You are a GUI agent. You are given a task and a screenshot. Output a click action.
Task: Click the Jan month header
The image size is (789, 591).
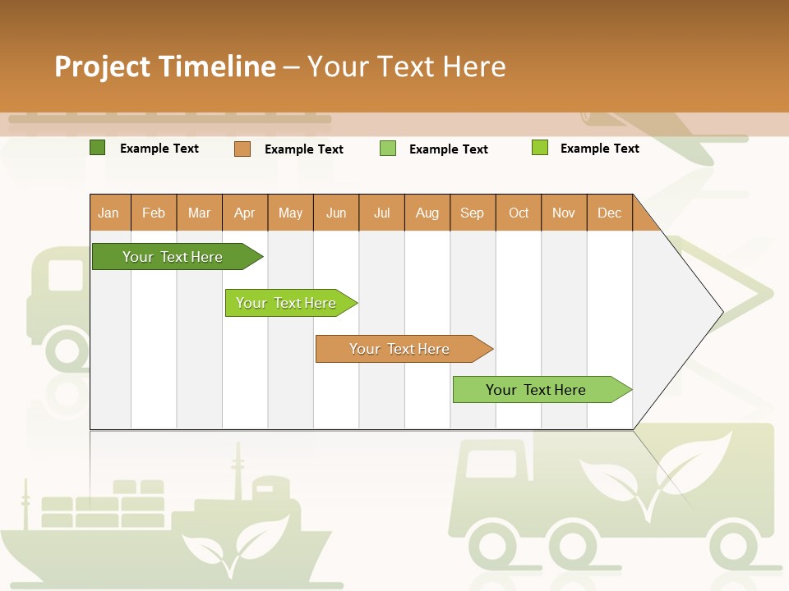click(109, 213)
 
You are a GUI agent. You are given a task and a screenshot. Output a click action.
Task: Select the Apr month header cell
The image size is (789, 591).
click(245, 213)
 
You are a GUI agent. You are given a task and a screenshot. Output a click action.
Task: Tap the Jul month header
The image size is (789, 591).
click(382, 213)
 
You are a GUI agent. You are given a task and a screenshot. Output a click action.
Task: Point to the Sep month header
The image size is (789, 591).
click(473, 213)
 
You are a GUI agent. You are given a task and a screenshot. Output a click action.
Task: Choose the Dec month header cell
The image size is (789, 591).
click(609, 213)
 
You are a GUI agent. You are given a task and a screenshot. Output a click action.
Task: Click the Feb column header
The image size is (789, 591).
click(154, 213)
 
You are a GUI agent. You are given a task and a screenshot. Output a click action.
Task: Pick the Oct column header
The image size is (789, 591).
click(519, 213)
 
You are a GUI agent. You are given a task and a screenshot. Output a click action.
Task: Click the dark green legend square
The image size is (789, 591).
click(97, 148)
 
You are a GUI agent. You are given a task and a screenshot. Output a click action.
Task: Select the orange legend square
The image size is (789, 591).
click(242, 149)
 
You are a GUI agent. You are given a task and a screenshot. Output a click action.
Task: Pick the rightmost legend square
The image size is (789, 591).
click(540, 148)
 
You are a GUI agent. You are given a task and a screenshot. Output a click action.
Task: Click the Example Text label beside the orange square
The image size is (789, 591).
click(303, 149)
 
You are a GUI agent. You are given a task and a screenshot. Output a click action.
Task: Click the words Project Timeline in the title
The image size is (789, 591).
click(164, 66)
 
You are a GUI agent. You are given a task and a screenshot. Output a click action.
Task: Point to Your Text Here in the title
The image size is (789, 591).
click(407, 66)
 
